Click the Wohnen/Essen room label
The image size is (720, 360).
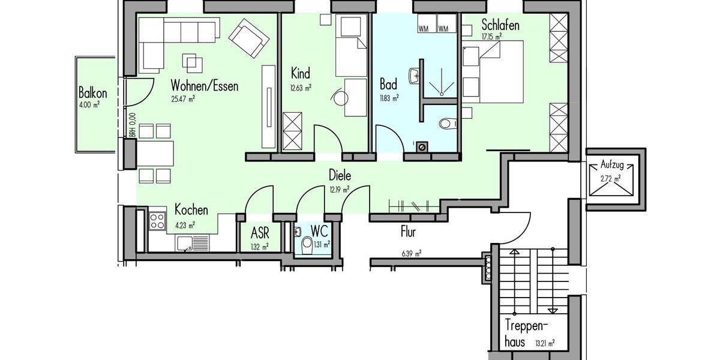[x=204, y=86]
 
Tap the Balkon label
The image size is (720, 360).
[x=92, y=93]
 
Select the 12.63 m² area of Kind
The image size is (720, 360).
[x=300, y=88]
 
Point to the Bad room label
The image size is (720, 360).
[x=389, y=83]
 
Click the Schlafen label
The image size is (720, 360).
[x=500, y=25]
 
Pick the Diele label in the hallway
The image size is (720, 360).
[x=340, y=176]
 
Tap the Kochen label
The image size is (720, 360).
[x=191, y=210]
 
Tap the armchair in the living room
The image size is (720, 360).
[x=248, y=38]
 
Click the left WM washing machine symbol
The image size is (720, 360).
[x=424, y=28]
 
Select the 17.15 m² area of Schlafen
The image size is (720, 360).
[x=491, y=36]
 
